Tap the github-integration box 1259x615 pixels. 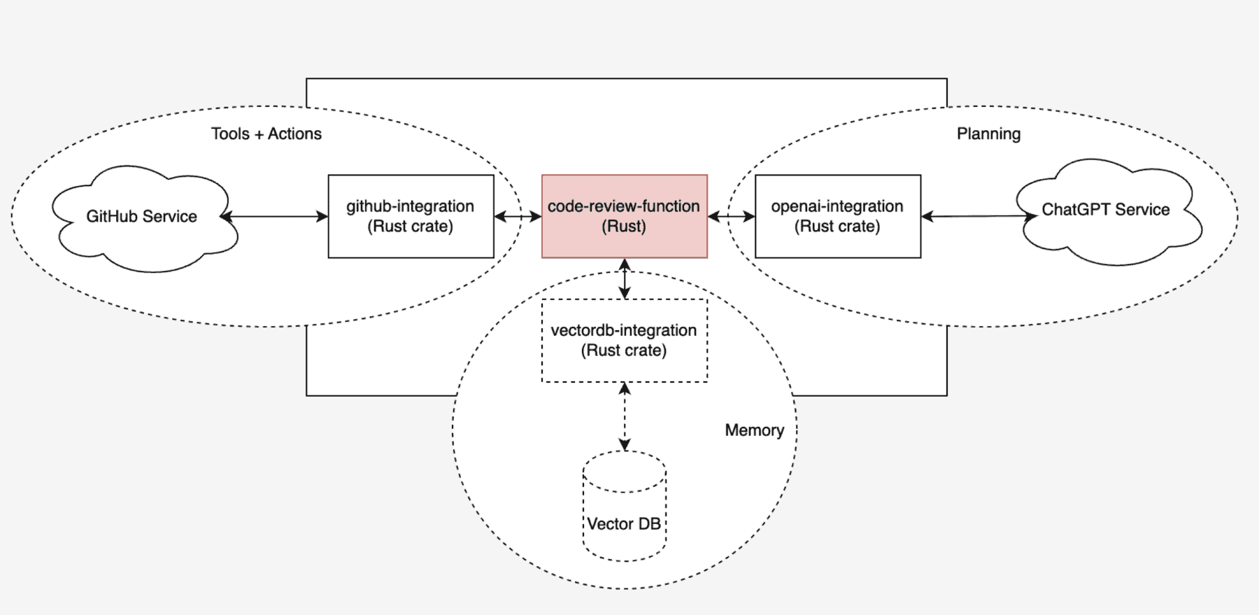tap(411, 216)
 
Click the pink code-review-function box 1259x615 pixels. tap(625, 216)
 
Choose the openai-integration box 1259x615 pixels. tap(838, 216)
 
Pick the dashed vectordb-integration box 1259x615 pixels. tap(625, 341)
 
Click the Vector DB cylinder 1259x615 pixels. tap(625, 506)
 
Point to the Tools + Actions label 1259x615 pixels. tap(266, 134)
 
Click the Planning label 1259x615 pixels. tap(988, 134)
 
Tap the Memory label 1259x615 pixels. tap(754, 430)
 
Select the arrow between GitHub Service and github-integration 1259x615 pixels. tap(274, 217)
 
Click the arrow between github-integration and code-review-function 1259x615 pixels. tap(518, 217)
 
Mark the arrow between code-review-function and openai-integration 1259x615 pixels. tap(732, 217)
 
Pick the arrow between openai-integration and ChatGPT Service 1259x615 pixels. tap(979, 216)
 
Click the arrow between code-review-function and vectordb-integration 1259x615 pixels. tap(625, 278)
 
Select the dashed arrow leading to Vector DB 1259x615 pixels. tap(625, 416)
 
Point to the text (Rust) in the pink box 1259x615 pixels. tap(624, 227)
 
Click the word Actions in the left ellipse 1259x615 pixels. tap(294, 134)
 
